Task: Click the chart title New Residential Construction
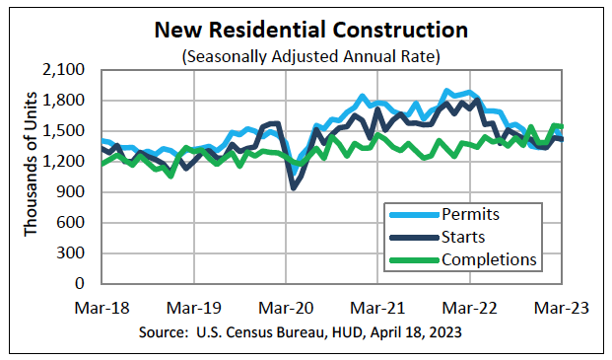point(306,31)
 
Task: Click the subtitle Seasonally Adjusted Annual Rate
point(306,57)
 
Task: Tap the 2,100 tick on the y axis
point(66,70)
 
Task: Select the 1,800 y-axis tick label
point(66,101)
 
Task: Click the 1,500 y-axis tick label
point(66,131)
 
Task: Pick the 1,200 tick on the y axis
point(66,162)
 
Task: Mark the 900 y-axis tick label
point(73,192)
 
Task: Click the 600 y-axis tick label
point(73,223)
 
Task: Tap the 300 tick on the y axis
point(73,253)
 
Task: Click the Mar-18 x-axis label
point(101,307)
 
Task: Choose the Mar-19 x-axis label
point(193,307)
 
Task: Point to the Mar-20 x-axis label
point(286,307)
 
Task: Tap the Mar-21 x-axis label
point(378,307)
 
